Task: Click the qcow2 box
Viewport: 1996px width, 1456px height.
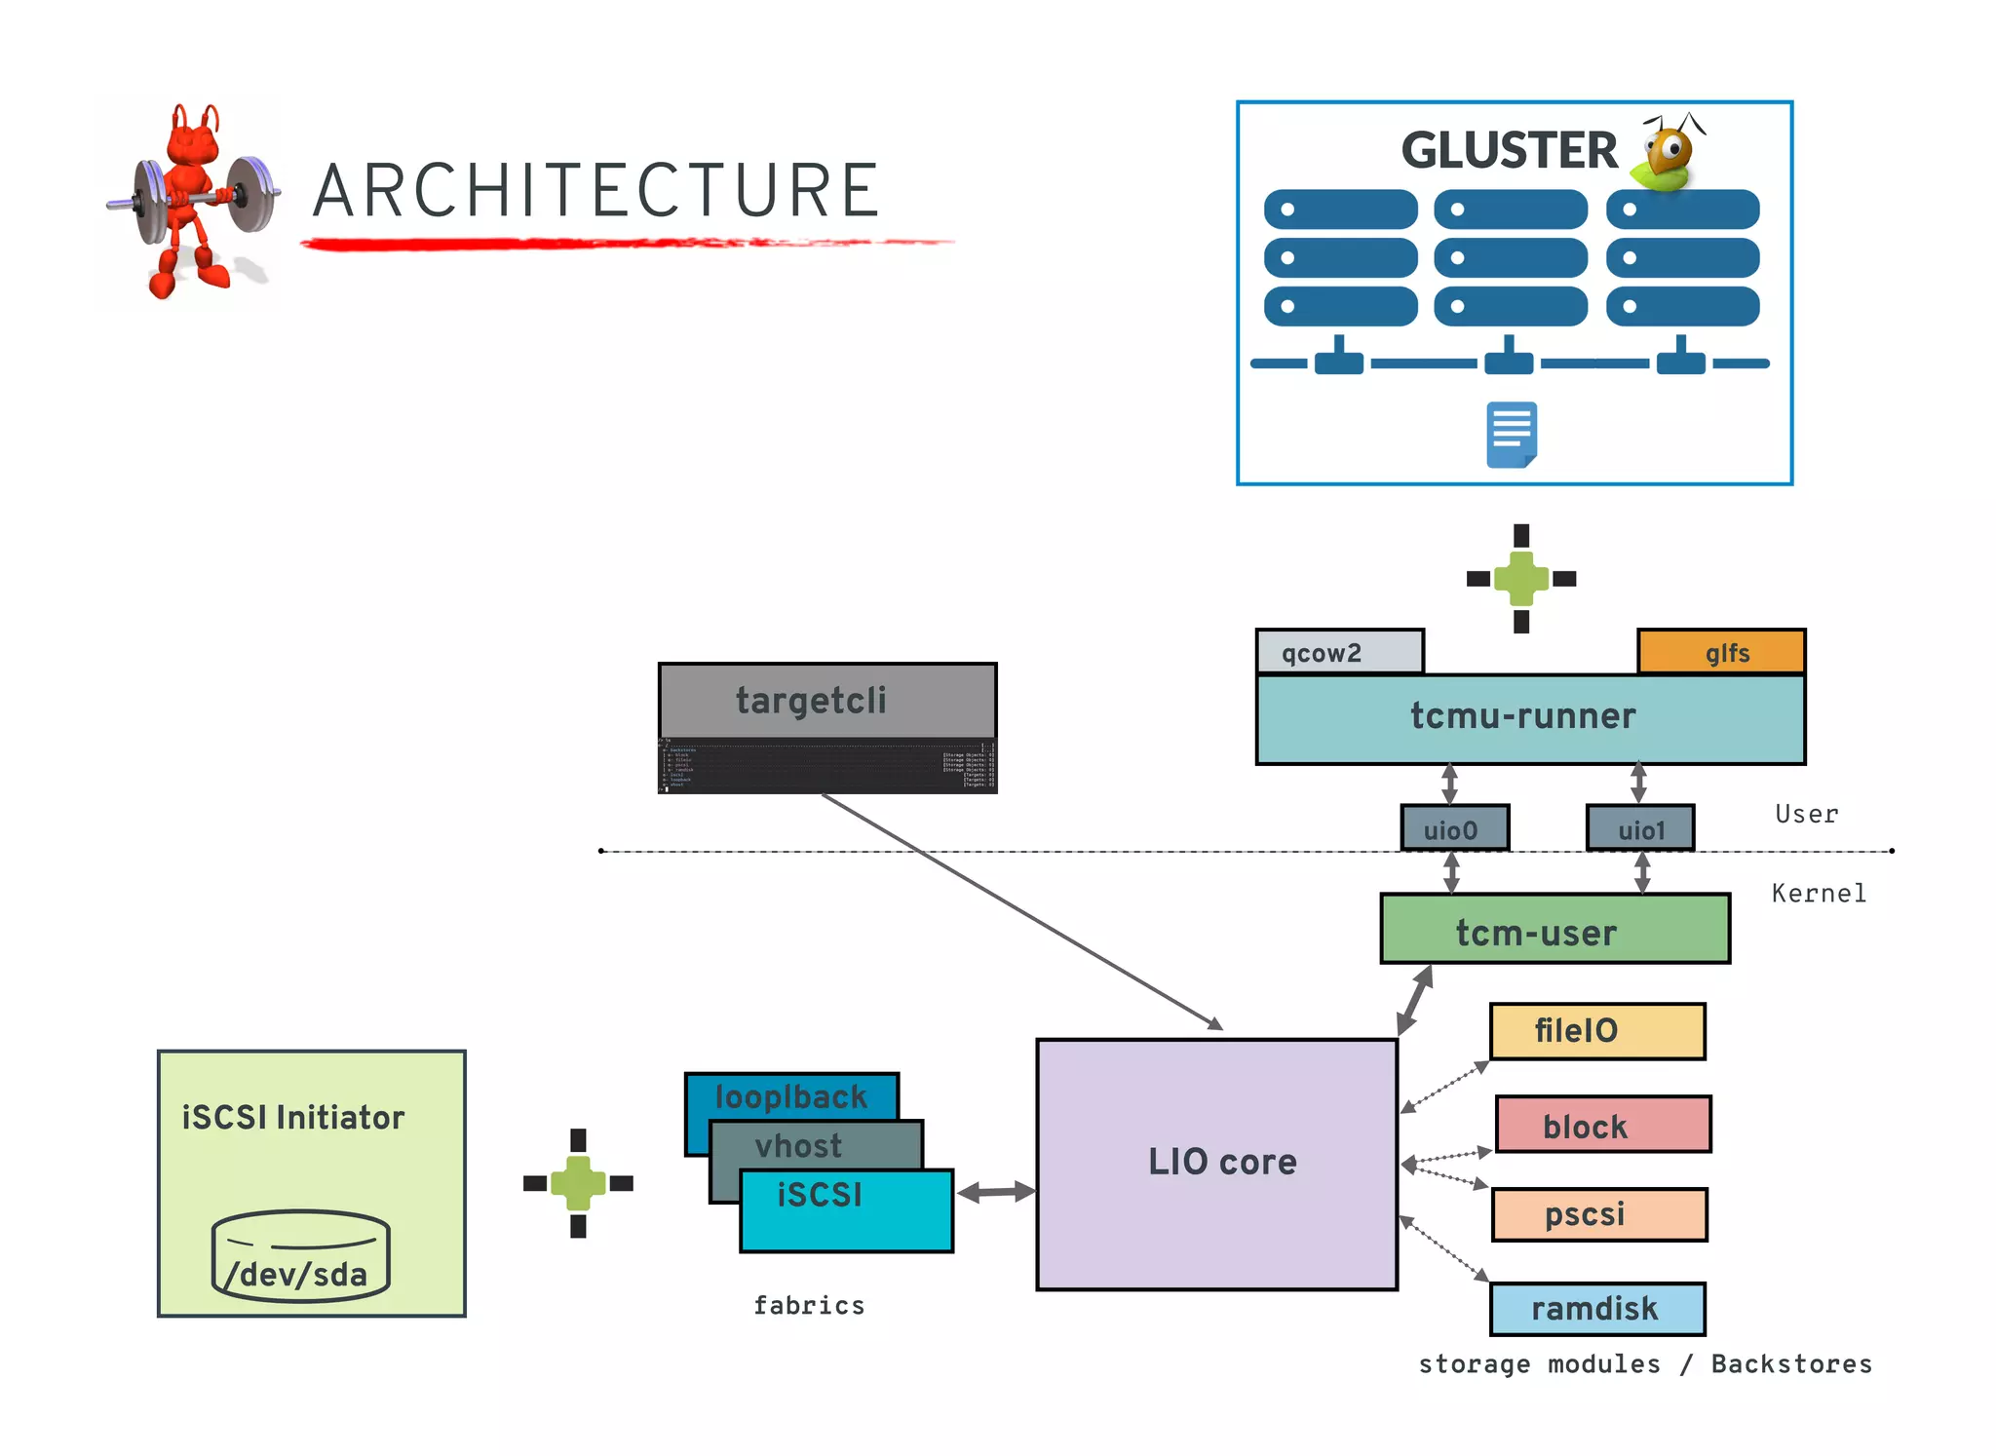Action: pyautogui.click(x=1339, y=652)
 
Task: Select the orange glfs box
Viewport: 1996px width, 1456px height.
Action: pyautogui.click(x=1721, y=652)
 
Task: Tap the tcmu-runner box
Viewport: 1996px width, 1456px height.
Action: pyautogui.click(x=1529, y=718)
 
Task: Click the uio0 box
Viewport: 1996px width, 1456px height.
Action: pyautogui.click(x=1454, y=828)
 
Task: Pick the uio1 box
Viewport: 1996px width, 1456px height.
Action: pyautogui.click(x=1639, y=828)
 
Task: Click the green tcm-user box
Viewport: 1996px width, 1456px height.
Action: pyautogui.click(x=1555, y=931)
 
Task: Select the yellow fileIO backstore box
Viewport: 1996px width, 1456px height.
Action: pyautogui.click(x=1596, y=1031)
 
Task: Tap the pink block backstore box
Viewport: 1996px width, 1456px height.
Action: pyautogui.click(x=1602, y=1125)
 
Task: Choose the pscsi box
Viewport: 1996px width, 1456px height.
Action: pyautogui.click(x=1599, y=1214)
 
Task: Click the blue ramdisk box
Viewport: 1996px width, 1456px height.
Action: pyautogui.click(x=1596, y=1309)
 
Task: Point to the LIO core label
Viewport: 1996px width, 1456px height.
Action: pyautogui.click(x=1221, y=1162)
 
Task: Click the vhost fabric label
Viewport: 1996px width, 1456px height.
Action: pyautogui.click(x=798, y=1145)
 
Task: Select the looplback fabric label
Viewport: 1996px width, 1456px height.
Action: pyautogui.click(x=790, y=1096)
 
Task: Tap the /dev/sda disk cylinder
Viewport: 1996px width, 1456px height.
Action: pyautogui.click(x=300, y=1256)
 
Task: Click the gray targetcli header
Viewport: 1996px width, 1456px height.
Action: pyautogui.click(x=826, y=701)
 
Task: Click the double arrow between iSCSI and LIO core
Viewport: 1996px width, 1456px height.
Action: pyautogui.click(x=995, y=1192)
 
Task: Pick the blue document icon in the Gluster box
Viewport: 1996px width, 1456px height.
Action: pyautogui.click(x=1511, y=435)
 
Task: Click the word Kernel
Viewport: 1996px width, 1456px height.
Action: pyautogui.click(x=1818, y=893)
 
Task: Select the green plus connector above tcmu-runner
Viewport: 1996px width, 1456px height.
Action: pyautogui.click(x=1520, y=579)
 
